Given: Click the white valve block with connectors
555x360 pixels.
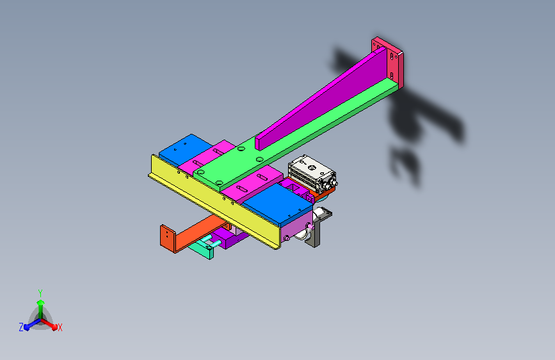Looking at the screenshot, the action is coord(312,174).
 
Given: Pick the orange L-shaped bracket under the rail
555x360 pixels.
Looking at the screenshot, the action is coord(191,234).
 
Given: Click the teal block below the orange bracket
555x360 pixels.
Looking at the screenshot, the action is coord(202,250).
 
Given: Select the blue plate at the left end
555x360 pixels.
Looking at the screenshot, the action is coord(184,148).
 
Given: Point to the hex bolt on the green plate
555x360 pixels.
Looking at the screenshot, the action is coord(219,183).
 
